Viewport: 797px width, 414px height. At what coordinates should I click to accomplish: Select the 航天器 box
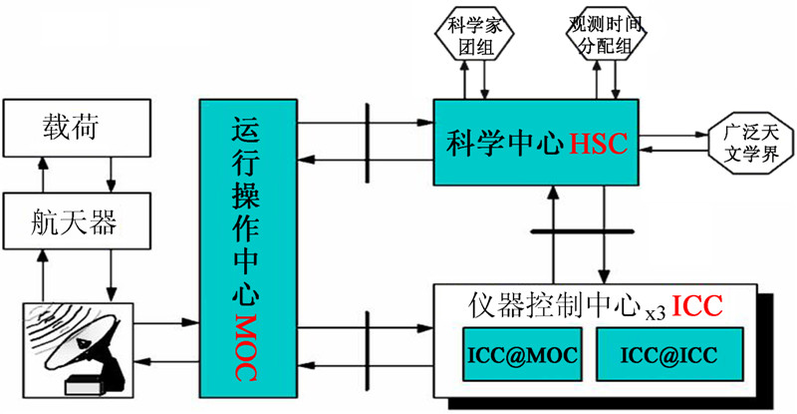pyautogui.click(x=75, y=218)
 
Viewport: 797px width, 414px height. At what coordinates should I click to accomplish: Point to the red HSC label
pyautogui.click(x=599, y=143)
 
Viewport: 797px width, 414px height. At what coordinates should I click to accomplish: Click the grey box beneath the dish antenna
pyautogui.click(x=85, y=385)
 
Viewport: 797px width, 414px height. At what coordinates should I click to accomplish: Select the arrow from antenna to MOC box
pyautogui.click(x=165, y=322)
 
